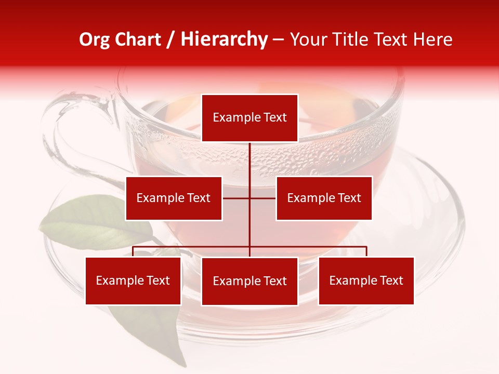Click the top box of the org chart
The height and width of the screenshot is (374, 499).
(x=249, y=118)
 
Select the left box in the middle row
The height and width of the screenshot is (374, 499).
(x=174, y=198)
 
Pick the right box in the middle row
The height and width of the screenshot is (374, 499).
(x=324, y=198)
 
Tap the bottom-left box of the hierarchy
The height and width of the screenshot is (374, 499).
(x=133, y=280)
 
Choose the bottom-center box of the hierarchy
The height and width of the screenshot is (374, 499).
(x=249, y=281)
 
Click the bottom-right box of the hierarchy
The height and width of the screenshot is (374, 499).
(x=366, y=280)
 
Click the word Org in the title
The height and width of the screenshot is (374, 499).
(x=95, y=40)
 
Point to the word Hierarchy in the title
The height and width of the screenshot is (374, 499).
(x=224, y=40)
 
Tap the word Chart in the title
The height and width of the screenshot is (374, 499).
(x=138, y=40)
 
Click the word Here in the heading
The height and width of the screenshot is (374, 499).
(x=433, y=40)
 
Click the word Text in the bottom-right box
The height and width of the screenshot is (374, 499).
(x=391, y=280)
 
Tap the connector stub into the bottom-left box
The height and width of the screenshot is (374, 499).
(x=133, y=251)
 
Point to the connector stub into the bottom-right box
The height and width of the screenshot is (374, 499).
(x=366, y=251)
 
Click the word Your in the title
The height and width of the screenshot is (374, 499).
(x=307, y=40)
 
